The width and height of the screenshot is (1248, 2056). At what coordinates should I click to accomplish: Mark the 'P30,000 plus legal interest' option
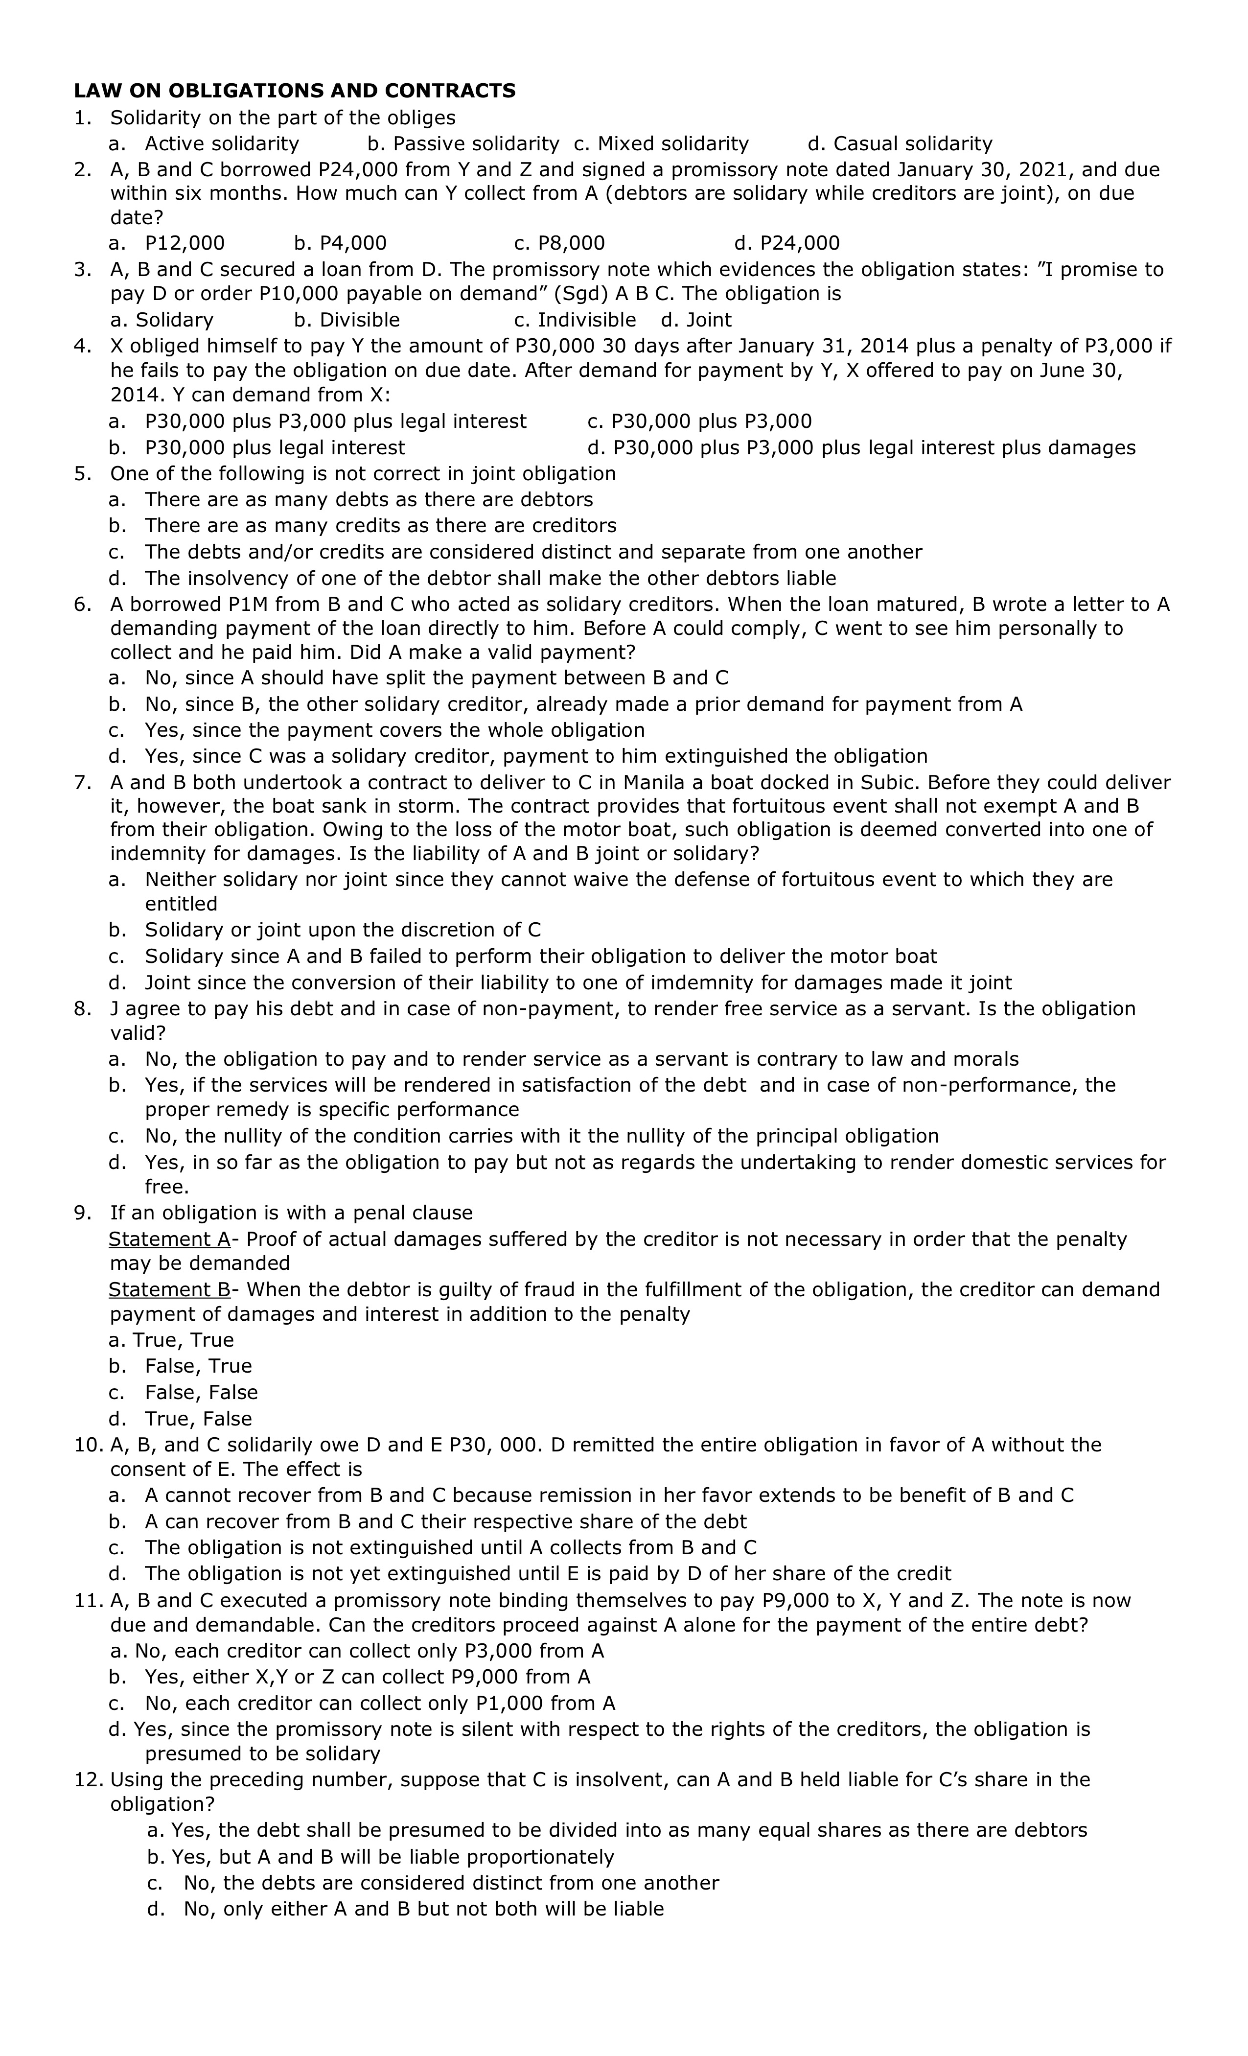click(x=275, y=448)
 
